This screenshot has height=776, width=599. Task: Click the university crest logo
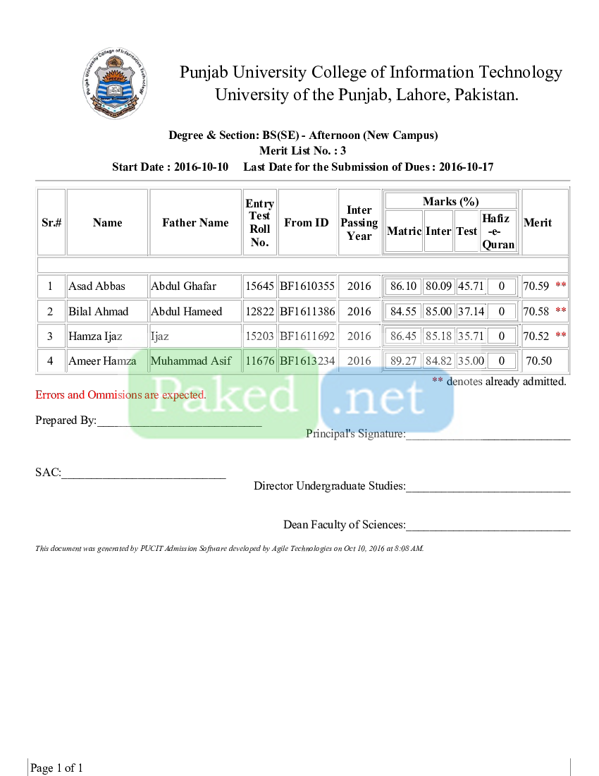(116, 83)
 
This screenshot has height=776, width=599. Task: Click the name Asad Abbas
(97, 286)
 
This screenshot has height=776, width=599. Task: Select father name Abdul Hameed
(187, 311)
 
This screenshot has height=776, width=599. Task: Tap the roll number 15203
(259, 337)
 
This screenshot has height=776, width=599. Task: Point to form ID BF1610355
(307, 286)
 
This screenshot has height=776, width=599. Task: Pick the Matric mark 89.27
(404, 361)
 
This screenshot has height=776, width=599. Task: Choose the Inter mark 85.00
(438, 311)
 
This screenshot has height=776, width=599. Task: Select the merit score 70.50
(538, 361)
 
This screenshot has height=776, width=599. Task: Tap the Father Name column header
(195, 223)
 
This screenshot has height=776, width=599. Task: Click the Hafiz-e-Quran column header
(498, 231)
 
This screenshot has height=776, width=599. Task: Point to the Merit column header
(538, 223)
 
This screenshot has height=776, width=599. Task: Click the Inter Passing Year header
(359, 223)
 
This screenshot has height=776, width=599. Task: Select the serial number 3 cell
(50, 337)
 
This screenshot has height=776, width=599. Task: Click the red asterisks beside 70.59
(561, 286)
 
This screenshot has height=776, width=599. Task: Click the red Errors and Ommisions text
(121, 395)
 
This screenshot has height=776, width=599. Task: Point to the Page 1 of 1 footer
(56, 768)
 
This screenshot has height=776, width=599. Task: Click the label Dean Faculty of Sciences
(344, 525)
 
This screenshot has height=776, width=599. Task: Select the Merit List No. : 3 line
(302, 151)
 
